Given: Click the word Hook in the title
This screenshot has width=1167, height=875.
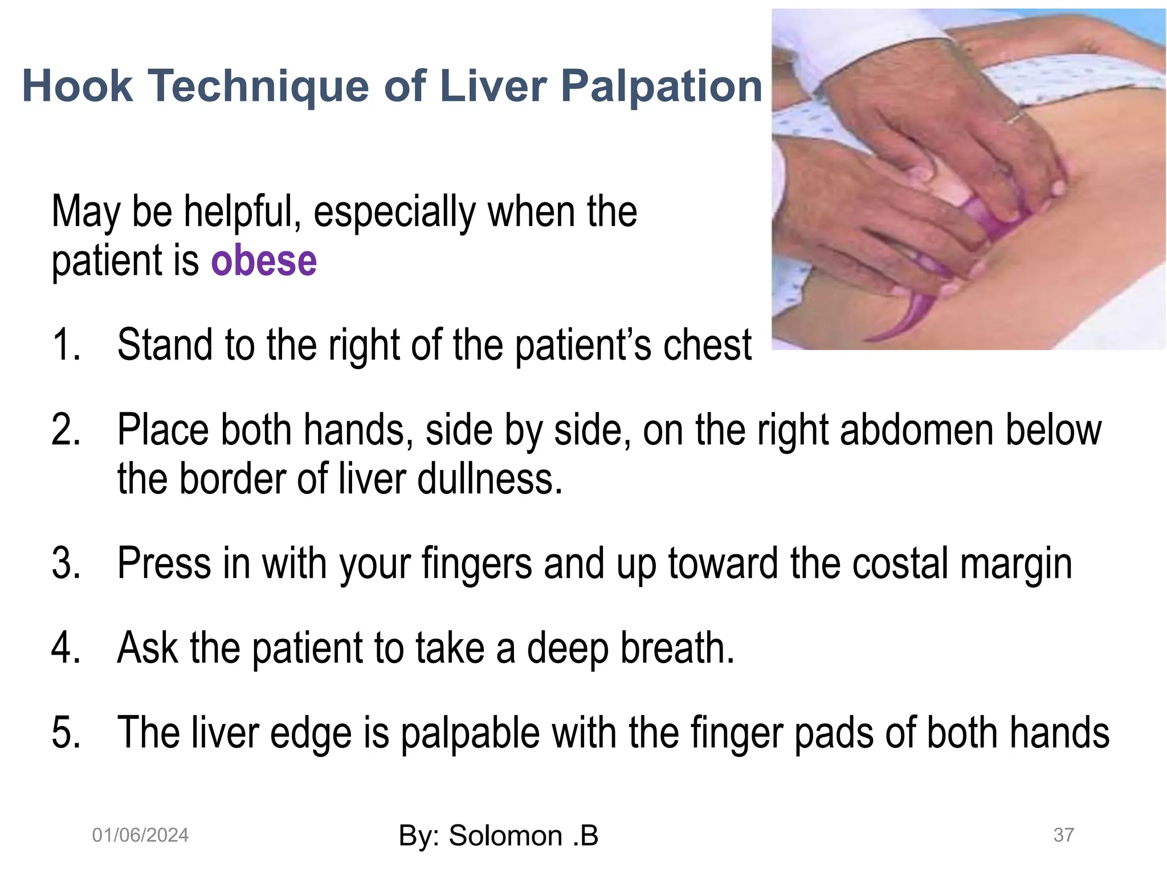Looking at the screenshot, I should click(77, 85).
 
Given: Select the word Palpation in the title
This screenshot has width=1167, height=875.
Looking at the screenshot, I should click(662, 87).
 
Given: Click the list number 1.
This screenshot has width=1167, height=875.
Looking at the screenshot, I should click(65, 345).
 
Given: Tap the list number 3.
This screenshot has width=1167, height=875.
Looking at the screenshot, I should click(66, 563).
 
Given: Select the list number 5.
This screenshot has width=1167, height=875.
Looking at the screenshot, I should click(66, 733).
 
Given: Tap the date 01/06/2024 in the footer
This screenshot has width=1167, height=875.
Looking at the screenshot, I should click(140, 835).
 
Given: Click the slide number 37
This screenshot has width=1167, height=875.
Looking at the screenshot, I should click(1063, 835).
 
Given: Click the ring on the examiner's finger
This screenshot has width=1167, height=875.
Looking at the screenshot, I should click(1013, 117).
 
